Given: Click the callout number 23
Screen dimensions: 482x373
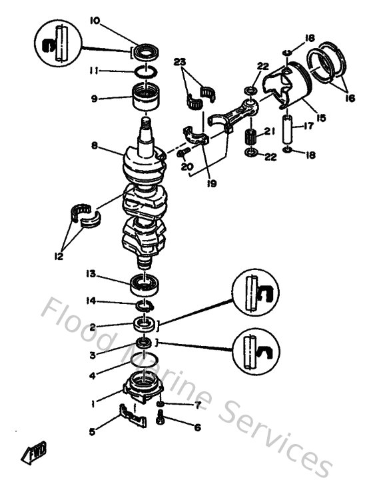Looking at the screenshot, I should click(178, 62).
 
